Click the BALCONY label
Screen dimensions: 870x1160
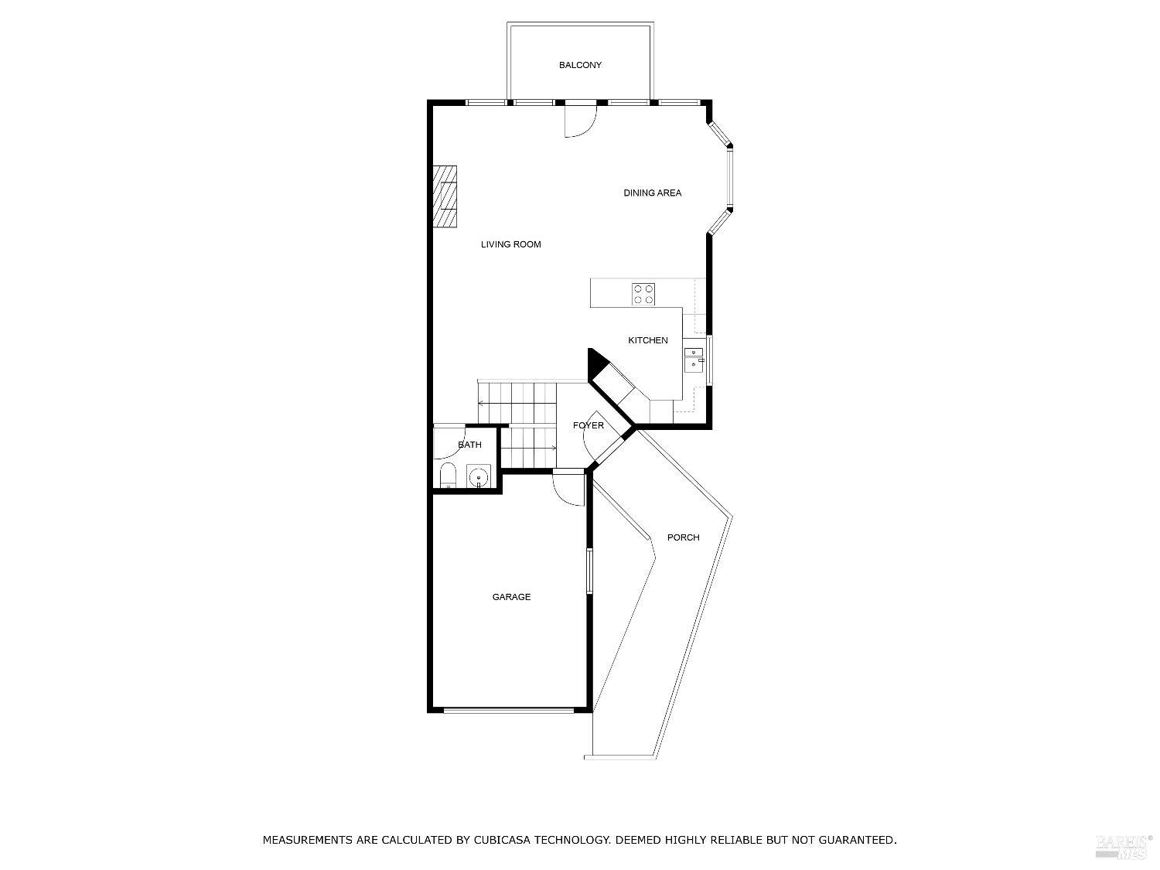[x=580, y=65]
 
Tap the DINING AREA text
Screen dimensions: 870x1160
[x=652, y=193]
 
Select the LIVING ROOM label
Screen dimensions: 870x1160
[x=510, y=244]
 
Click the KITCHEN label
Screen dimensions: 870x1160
[x=647, y=340]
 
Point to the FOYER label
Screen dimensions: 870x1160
[x=588, y=425]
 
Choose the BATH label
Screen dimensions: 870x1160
[x=469, y=445]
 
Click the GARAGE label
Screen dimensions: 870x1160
[x=511, y=597]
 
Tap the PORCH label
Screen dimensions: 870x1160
[x=683, y=537]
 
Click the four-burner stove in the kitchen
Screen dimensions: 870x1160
[x=643, y=294]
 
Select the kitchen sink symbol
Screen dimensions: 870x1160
[x=694, y=357]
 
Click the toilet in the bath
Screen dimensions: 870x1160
[x=448, y=476]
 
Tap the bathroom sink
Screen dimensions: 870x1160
[x=478, y=476]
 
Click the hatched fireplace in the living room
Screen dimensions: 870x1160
[x=445, y=196]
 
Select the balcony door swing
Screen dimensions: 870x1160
[x=580, y=121]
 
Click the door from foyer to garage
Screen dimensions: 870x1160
[x=569, y=487]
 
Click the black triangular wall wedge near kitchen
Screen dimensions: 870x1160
[x=596, y=363]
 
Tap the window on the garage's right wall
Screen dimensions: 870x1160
[x=589, y=571]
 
